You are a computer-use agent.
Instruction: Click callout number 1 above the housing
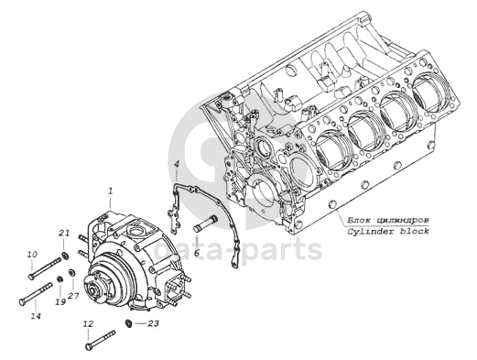(111, 191)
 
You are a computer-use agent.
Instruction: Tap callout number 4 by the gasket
(177, 165)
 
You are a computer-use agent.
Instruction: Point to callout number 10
(32, 254)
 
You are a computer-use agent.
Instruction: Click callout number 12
(88, 323)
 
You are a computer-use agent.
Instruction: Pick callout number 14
(36, 316)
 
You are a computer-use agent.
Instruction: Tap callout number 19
(60, 301)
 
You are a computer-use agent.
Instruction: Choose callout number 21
(64, 234)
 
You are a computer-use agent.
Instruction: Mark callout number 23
(153, 323)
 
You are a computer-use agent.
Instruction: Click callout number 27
(73, 295)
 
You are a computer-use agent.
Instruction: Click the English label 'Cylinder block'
(388, 231)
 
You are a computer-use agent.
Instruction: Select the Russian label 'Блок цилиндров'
(388, 220)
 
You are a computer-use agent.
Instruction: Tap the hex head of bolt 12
(88, 346)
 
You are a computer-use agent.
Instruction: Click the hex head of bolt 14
(22, 301)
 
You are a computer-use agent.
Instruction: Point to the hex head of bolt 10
(30, 277)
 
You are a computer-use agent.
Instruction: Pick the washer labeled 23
(128, 323)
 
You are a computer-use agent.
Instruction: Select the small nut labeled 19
(60, 278)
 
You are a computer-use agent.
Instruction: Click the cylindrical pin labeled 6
(206, 224)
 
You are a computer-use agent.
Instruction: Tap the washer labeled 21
(64, 256)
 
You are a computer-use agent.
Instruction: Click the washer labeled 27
(72, 272)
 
